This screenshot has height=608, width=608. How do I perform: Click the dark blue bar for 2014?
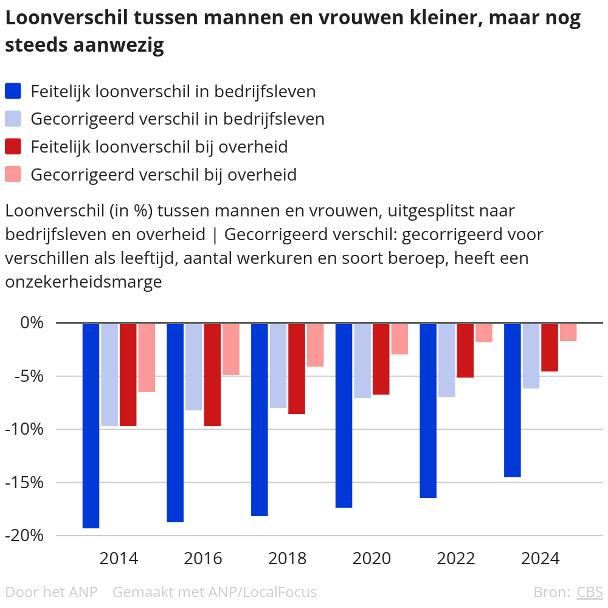91,426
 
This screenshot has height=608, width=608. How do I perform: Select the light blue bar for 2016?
193,367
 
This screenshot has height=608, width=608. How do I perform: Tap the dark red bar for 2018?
297,369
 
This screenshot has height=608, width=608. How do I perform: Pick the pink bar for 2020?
399,339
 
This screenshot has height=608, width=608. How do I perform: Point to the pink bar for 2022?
484,333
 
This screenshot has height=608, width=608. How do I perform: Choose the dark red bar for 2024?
550,347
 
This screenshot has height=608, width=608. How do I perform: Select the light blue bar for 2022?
447,360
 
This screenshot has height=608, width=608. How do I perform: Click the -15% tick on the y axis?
26,482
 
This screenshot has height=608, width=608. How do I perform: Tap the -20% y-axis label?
26,536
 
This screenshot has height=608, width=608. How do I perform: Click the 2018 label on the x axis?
288,558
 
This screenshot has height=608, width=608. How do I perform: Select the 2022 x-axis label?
456,558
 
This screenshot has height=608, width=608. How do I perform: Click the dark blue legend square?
13,91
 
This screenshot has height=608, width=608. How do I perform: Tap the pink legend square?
13,174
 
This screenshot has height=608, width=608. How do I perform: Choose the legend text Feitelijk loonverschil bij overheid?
159,147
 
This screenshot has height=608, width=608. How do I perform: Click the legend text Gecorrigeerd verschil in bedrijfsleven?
177,119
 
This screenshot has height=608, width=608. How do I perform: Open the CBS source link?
589,592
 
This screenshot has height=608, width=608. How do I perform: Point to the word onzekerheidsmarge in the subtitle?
83,282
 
